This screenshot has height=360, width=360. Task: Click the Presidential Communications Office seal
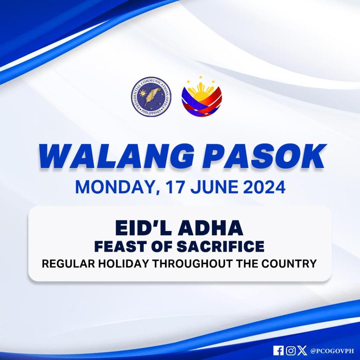(x=151, y=97)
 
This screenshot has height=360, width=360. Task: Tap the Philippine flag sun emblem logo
(x=202, y=97)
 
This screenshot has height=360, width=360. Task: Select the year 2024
(x=264, y=187)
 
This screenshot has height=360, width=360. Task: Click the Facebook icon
(x=278, y=351)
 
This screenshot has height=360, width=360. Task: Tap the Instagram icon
(x=290, y=351)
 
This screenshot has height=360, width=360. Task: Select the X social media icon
(x=302, y=351)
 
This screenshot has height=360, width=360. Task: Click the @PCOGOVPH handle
(x=332, y=351)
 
